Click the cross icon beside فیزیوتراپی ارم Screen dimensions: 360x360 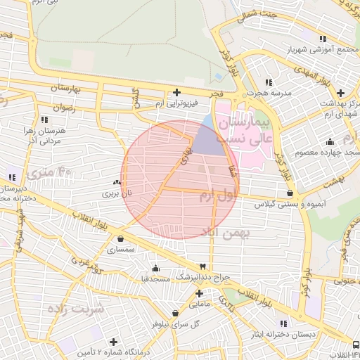176,92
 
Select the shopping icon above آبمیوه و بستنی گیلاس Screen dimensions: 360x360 290,192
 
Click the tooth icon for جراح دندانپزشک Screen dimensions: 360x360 203,266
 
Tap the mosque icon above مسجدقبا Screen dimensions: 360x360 155,268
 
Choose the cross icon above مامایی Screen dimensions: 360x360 199,293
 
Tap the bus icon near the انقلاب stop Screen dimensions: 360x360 355,345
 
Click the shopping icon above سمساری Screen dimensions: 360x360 121,238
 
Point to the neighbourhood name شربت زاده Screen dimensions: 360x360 75,309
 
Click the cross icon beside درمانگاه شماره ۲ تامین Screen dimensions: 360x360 114,341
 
